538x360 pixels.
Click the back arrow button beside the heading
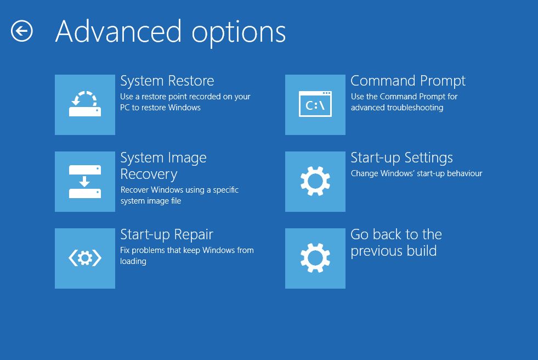pyautogui.click(x=21, y=31)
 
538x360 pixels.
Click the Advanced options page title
pyautogui.click(x=171, y=32)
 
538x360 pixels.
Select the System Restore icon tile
pyautogui.click(x=85, y=105)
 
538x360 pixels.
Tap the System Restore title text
pyautogui.click(x=167, y=81)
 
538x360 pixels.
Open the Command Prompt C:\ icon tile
pyautogui.click(x=315, y=105)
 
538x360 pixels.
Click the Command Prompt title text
pyautogui.click(x=408, y=81)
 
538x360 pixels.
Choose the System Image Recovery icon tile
pyautogui.click(x=85, y=182)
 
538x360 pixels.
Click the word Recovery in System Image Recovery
pyautogui.click(x=149, y=175)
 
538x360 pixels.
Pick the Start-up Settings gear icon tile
pyautogui.click(x=315, y=182)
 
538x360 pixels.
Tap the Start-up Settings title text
pyautogui.click(x=402, y=158)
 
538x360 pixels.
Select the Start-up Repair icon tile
pyautogui.click(x=85, y=258)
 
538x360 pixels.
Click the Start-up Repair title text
pyautogui.click(x=167, y=235)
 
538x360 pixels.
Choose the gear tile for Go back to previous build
pyautogui.click(x=315, y=258)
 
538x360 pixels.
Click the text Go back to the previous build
pyautogui.click(x=397, y=243)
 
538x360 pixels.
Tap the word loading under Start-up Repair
pyautogui.click(x=133, y=262)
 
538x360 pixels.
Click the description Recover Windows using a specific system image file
pyautogui.click(x=179, y=195)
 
